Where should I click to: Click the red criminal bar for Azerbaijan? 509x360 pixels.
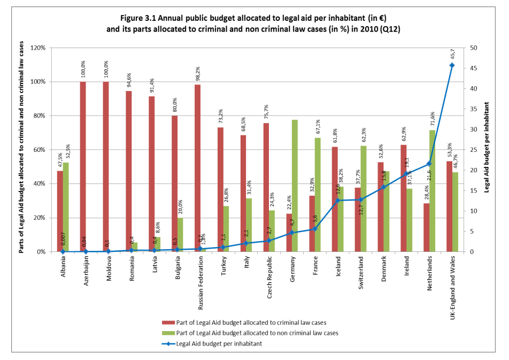(x=83, y=166)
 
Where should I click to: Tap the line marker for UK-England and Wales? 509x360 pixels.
(x=452, y=65)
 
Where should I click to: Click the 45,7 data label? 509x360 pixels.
(x=452, y=54)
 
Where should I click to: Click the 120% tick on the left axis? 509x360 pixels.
(x=38, y=48)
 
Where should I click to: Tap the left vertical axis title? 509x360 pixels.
(x=22, y=150)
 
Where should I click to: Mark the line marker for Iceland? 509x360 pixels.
(x=337, y=200)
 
